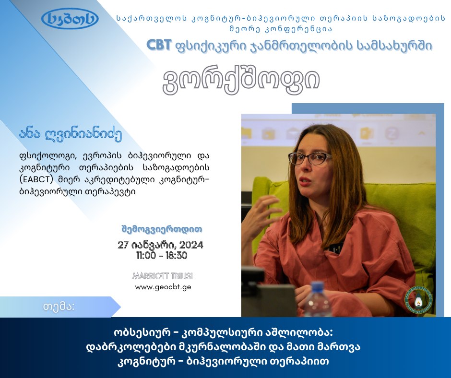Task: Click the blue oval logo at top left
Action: pyautogui.click(x=70, y=19)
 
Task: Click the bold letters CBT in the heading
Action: pyautogui.click(x=159, y=45)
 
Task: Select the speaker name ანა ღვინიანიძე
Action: pyautogui.click(x=71, y=134)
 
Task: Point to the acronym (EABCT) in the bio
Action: pyautogui.click(x=36, y=179)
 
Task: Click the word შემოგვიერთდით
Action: pyautogui.click(x=162, y=229)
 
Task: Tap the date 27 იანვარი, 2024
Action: pyautogui.click(x=161, y=245)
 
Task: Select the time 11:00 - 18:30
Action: pyautogui.click(x=162, y=256)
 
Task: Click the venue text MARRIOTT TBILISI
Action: pyautogui.click(x=163, y=276)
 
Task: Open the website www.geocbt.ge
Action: pyautogui.click(x=163, y=287)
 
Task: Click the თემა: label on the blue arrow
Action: pyautogui.click(x=59, y=307)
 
